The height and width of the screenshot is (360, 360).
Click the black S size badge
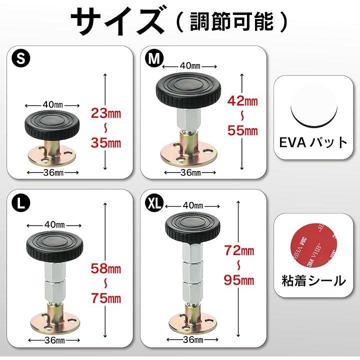click(21, 58)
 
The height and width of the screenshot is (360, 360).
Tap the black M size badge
click(154, 58)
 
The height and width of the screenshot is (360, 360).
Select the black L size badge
click(21, 202)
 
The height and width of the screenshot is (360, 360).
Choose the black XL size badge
click(154, 202)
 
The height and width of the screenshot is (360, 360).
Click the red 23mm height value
click(106, 113)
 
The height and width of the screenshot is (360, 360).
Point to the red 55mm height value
click(242, 130)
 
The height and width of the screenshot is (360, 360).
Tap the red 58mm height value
click(106, 268)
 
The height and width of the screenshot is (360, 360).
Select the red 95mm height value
click(239, 280)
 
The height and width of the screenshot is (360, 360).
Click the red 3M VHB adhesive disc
click(313, 245)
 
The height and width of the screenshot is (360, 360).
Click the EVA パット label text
click(313, 142)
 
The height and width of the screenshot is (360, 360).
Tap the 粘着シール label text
click(313, 280)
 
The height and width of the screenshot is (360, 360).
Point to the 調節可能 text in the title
click(232, 22)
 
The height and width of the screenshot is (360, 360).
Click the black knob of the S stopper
click(52, 125)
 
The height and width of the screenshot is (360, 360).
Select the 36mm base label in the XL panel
click(193, 339)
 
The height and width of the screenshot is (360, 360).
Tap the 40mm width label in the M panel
click(190, 66)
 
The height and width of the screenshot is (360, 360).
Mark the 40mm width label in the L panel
click(54, 224)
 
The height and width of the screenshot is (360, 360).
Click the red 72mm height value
click(239, 250)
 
